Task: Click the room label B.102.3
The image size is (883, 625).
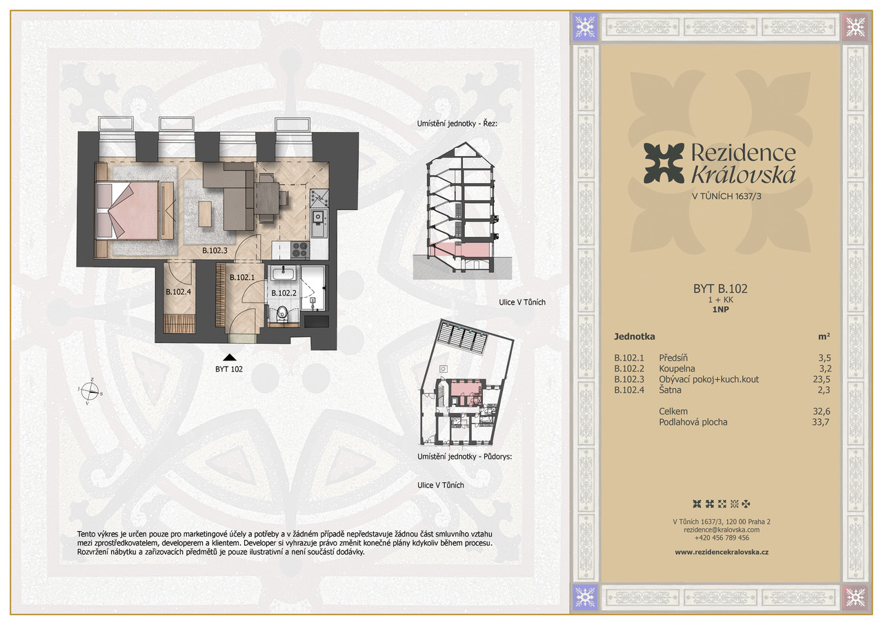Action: [x=215, y=250]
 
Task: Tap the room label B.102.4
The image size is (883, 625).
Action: [x=178, y=291]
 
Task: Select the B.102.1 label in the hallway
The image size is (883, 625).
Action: [x=242, y=278]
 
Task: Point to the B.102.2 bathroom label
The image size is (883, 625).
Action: [x=284, y=294]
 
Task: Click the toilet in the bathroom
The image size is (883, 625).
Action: [x=282, y=314]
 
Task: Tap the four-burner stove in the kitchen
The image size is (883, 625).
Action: [x=300, y=249]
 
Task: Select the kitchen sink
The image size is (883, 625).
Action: [x=319, y=223]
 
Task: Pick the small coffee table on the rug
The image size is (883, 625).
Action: [x=205, y=214]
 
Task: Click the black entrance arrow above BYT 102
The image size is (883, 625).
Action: [x=230, y=358]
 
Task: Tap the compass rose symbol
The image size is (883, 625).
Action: [x=90, y=392]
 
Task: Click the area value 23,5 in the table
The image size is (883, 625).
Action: [x=821, y=379]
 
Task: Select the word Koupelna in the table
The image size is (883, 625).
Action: [x=677, y=369]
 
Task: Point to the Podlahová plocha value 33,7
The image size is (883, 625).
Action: [x=821, y=422]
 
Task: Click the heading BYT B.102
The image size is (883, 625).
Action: [x=720, y=289]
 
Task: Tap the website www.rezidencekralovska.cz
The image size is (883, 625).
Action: [x=722, y=552]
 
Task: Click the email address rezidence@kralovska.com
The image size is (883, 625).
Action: [x=722, y=530]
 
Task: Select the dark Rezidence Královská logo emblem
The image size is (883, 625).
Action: [x=664, y=163]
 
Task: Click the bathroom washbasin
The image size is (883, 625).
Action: [x=283, y=273]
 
